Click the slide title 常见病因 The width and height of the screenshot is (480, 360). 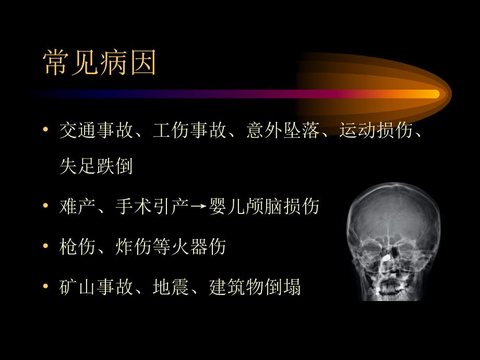click(x=100, y=63)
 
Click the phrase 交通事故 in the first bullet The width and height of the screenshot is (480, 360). click(x=97, y=130)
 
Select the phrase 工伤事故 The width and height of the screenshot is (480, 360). click(x=190, y=130)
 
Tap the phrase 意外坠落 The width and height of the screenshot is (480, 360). click(x=283, y=130)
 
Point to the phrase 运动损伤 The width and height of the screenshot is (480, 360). click(x=376, y=130)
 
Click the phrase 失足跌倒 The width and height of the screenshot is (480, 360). click(x=96, y=166)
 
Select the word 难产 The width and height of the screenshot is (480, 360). click(x=78, y=206)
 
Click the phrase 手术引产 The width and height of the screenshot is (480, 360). click(x=152, y=206)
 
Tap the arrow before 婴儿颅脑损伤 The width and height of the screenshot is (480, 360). click(x=198, y=207)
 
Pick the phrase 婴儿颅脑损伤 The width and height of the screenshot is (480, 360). click(x=264, y=206)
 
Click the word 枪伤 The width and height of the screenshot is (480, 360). click(x=78, y=246)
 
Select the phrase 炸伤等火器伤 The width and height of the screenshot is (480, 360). click(x=171, y=246)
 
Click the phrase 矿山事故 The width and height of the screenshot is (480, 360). click(x=97, y=287)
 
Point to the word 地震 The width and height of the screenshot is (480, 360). click(x=171, y=287)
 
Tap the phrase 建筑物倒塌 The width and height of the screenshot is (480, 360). click(x=255, y=287)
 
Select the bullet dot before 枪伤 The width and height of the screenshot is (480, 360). click(x=45, y=246)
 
